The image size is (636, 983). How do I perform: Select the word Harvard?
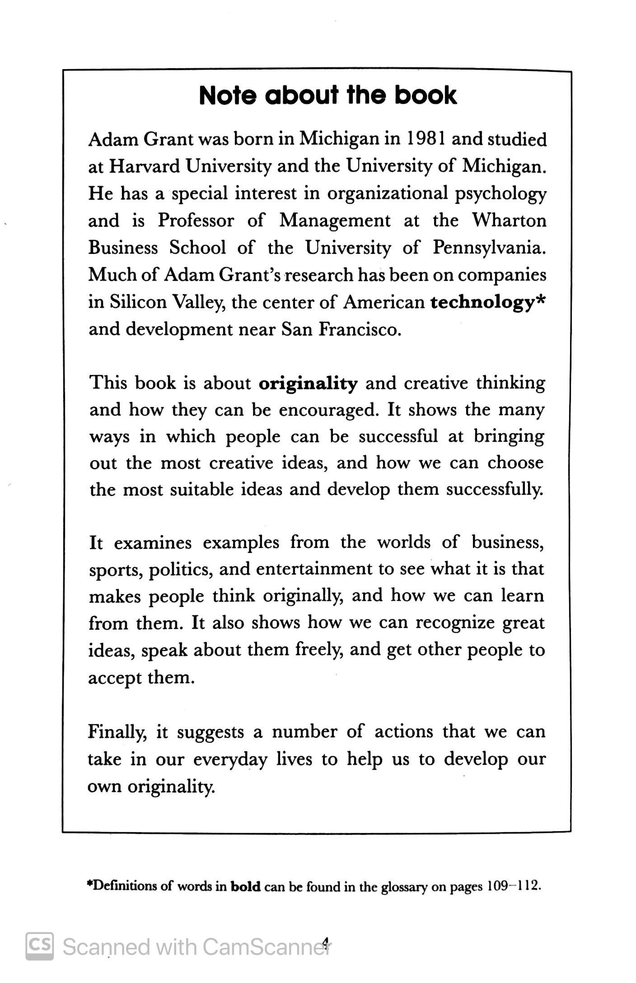pyautogui.click(x=145, y=167)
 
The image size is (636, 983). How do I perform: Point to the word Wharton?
pyautogui.click(x=509, y=220)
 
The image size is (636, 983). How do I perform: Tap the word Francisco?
pyautogui.click(x=360, y=329)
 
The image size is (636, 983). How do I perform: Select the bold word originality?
pyautogui.click(x=308, y=384)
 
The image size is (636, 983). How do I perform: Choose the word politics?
pyautogui.click(x=181, y=570)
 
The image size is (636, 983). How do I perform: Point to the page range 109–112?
pyautogui.click(x=513, y=886)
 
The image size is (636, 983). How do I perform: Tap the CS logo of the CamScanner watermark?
pyautogui.click(x=39, y=946)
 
